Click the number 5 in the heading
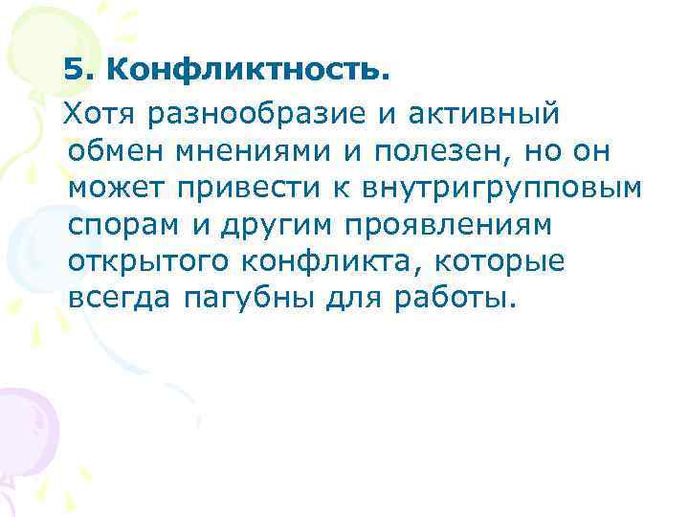[x=73, y=70]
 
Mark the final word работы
[x=454, y=299]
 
